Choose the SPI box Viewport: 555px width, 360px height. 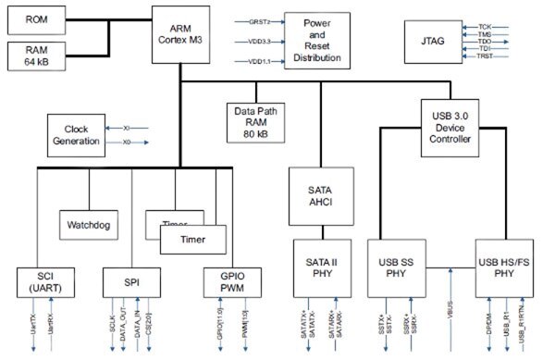pyautogui.click(x=131, y=283)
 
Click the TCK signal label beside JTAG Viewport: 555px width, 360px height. pyautogui.click(x=485, y=27)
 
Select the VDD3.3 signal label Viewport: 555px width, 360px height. pyautogui.click(x=260, y=40)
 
